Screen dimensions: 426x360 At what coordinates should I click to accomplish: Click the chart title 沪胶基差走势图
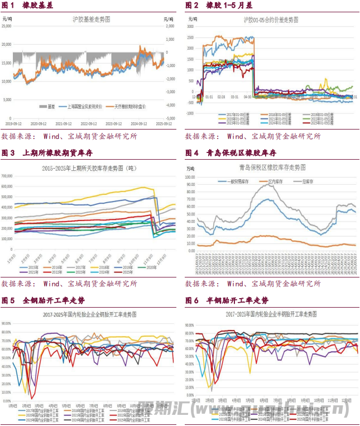pyautogui.click(x=91, y=20)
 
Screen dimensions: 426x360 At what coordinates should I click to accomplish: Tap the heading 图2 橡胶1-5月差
pyautogui.click(x=219, y=5)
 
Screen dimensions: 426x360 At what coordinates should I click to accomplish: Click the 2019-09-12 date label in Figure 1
pyautogui.click(x=13, y=125)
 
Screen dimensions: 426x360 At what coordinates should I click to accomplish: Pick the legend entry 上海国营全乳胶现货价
pyautogui.click(x=84, y=106)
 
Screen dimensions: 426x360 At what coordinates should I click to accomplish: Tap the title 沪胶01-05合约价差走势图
pyautogui.click(x=271, y=20)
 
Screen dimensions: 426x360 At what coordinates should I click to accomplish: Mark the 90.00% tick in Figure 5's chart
pyautogui.click(x=7, y=323)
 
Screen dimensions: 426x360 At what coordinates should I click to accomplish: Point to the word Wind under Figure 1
pyautogui.click(x=54, y=136)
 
